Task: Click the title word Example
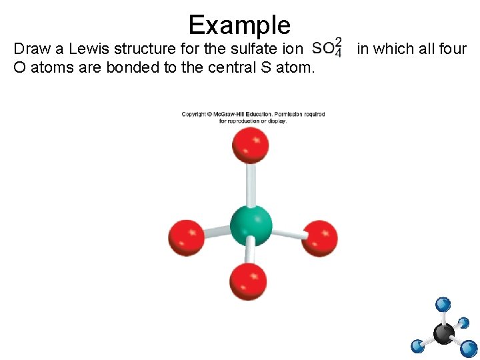tap(239, 25)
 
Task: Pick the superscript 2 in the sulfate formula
tap(339, 43)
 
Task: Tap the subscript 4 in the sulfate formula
tap(339, 53)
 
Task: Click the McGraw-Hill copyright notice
tap(253, 117)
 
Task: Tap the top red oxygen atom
tap(251, 145)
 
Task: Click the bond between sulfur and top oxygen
tap(251, 183)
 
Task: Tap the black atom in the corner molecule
tap(444, 333)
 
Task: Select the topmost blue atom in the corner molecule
tap(443, 305)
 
